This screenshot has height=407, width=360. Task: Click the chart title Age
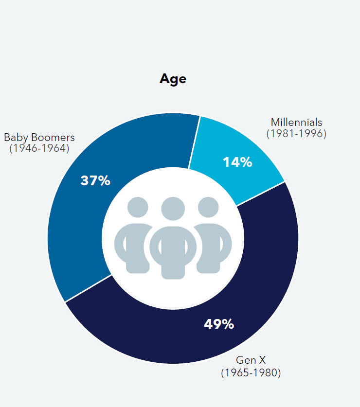coord(173,79)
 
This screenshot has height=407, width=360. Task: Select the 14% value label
coord(237,162)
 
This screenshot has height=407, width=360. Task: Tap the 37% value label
coord(95,181)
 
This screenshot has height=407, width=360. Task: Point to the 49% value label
coord(219,324)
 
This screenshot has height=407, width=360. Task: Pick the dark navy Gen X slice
coord(263,272)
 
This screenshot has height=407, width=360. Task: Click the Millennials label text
coord(296,122)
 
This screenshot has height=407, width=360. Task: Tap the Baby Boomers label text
coord(39,137)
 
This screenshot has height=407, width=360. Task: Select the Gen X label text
coord(251,361)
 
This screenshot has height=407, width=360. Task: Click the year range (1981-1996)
coord(296,133)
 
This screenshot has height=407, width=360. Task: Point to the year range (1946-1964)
coord(39,148)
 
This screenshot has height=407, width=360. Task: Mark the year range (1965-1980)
coord(251,373)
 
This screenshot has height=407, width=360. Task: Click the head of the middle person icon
coord(173,209)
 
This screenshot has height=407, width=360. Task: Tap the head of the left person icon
coord(138,207)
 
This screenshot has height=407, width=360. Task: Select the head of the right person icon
coord(208,207)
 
